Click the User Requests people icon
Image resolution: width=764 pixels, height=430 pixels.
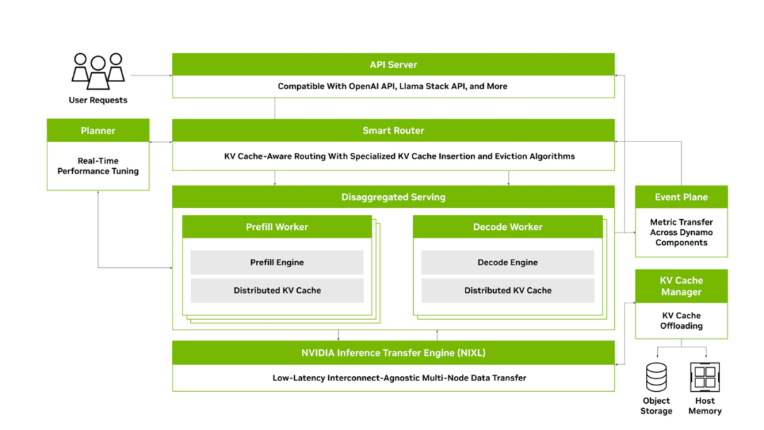pos(98,71)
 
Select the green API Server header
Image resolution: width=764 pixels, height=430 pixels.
pos(393,64)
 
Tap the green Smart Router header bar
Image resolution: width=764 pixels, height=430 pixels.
pos(393,130)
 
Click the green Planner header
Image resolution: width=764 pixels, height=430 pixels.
pos(98,130)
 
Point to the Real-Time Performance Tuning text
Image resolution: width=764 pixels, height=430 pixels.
pos(98,165)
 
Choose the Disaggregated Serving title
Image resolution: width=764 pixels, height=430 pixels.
pos(393,197)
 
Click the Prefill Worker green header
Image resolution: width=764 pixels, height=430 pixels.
pos(277,226)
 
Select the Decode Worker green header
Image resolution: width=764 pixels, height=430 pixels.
pos(507,226)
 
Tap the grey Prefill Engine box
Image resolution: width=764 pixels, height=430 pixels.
pos(277,262)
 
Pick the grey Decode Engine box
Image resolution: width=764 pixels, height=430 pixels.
pos(507,262)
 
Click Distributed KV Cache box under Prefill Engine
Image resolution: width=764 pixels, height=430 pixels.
pos(277,290)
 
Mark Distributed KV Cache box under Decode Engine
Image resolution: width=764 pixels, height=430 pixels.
pos(507,290)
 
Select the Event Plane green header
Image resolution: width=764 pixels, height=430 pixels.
pos(681,197)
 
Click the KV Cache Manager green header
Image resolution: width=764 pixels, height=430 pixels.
pos(681,286)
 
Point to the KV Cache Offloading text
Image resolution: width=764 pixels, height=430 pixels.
pos(681,320)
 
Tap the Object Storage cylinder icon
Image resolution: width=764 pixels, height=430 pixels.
pos(657,377)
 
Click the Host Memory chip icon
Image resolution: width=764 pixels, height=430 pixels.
pos(705,377)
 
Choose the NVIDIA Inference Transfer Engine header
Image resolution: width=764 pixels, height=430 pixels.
pos(393,352)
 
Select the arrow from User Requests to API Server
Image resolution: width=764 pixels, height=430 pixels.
pos(151,74)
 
